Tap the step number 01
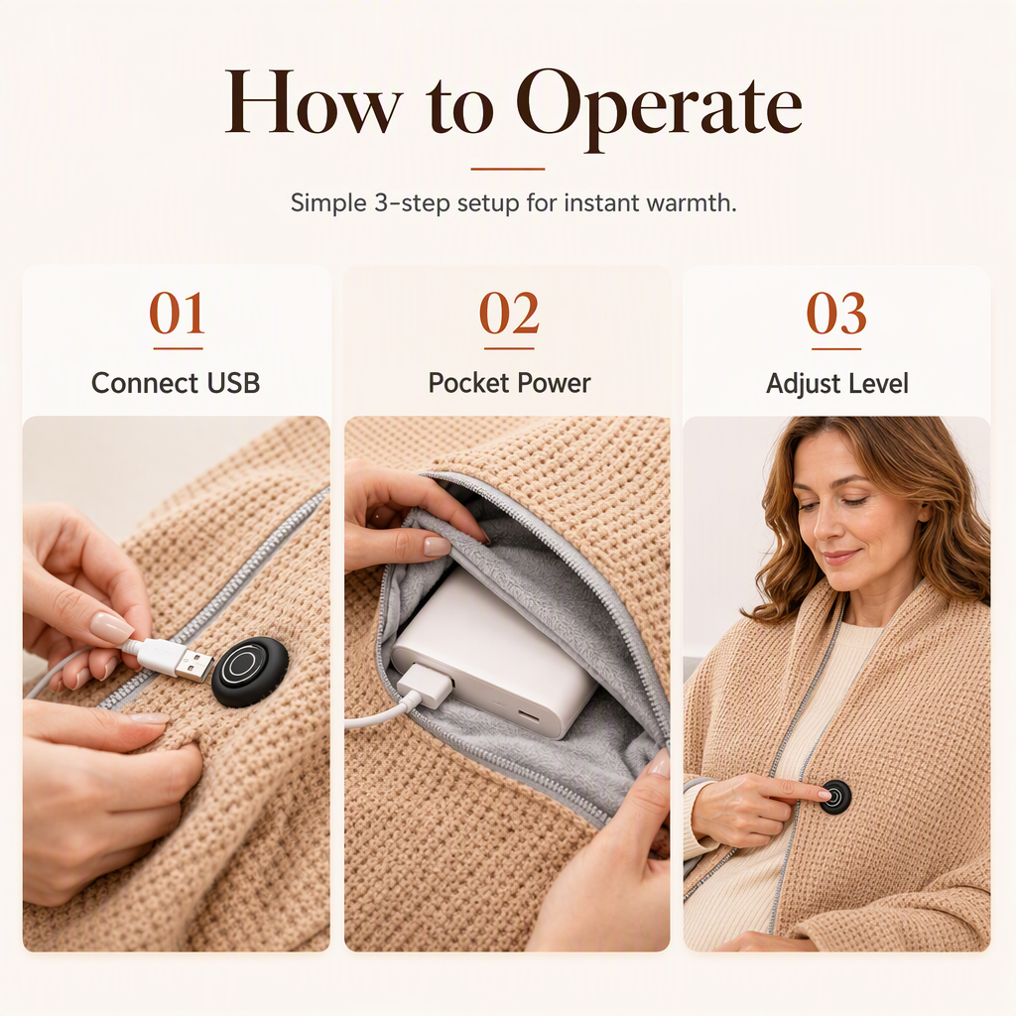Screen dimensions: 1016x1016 pyautogui.click(x=178, y=313)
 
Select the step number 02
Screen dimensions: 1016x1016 pyautogui.click(x=509, y=313)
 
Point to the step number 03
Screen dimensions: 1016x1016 pyautogui.click(x=836, y=313)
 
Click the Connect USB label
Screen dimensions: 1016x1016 pyautogui.click(x=176, y=383)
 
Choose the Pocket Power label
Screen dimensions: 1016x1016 pyautogui.click(x=509, y=383)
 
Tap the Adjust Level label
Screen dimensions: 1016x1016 pyautogui.click(x=837, y=384)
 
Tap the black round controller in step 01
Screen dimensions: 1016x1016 pyautogui.click(x=249, y=672)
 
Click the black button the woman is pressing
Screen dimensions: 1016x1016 pyautogui.click(x=835, y=797)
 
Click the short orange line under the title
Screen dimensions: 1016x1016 pyautogui.click(x=508, y=169)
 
